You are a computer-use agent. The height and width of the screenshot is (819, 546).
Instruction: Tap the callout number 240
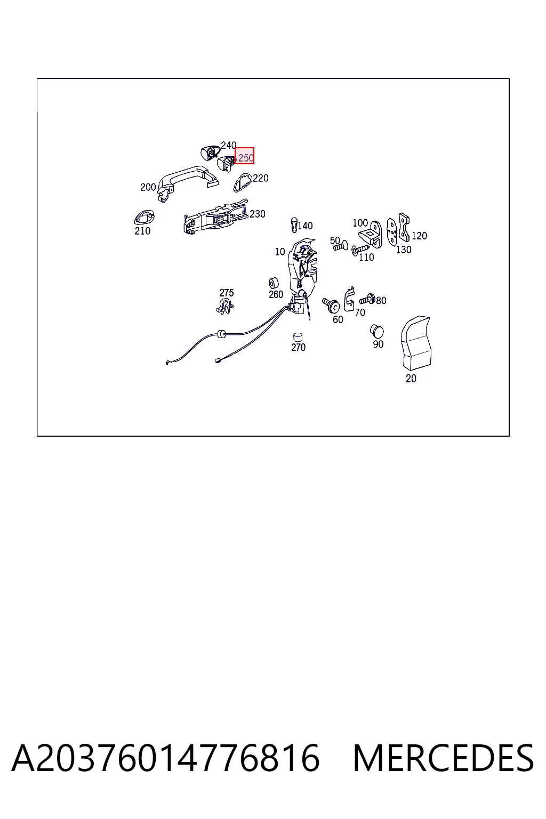[229, 145]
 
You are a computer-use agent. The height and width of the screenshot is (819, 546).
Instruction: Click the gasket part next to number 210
[144, 218]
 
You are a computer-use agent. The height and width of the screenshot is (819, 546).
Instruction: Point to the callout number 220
[261, 178]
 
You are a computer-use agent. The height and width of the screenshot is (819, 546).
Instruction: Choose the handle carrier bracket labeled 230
[215, 217]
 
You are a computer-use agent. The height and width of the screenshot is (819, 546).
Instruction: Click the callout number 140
[305, 226]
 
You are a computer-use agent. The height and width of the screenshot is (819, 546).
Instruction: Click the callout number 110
[366, 257]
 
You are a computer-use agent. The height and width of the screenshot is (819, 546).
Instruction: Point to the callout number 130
[404, 250]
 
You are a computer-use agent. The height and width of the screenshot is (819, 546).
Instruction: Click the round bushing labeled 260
[274, 283]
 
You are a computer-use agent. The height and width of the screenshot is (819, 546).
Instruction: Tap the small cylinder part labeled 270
[298, 337]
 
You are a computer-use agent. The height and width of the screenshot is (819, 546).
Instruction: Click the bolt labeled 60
[331, 305]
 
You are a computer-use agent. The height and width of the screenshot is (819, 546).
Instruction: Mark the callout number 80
[381, 300]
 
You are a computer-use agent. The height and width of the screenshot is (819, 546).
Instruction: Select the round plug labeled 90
[376, 331]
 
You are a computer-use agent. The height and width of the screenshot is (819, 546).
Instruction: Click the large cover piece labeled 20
[416, 343]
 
